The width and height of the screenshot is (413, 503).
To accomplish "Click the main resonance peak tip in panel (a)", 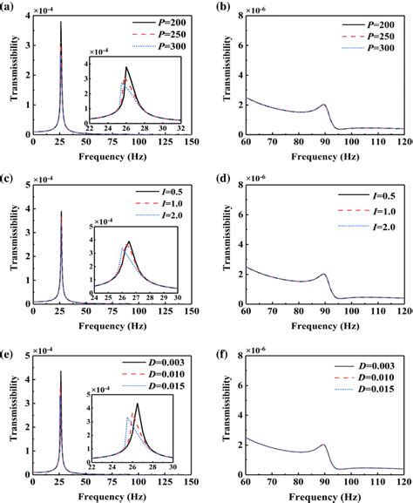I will [x=61, y=23].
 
